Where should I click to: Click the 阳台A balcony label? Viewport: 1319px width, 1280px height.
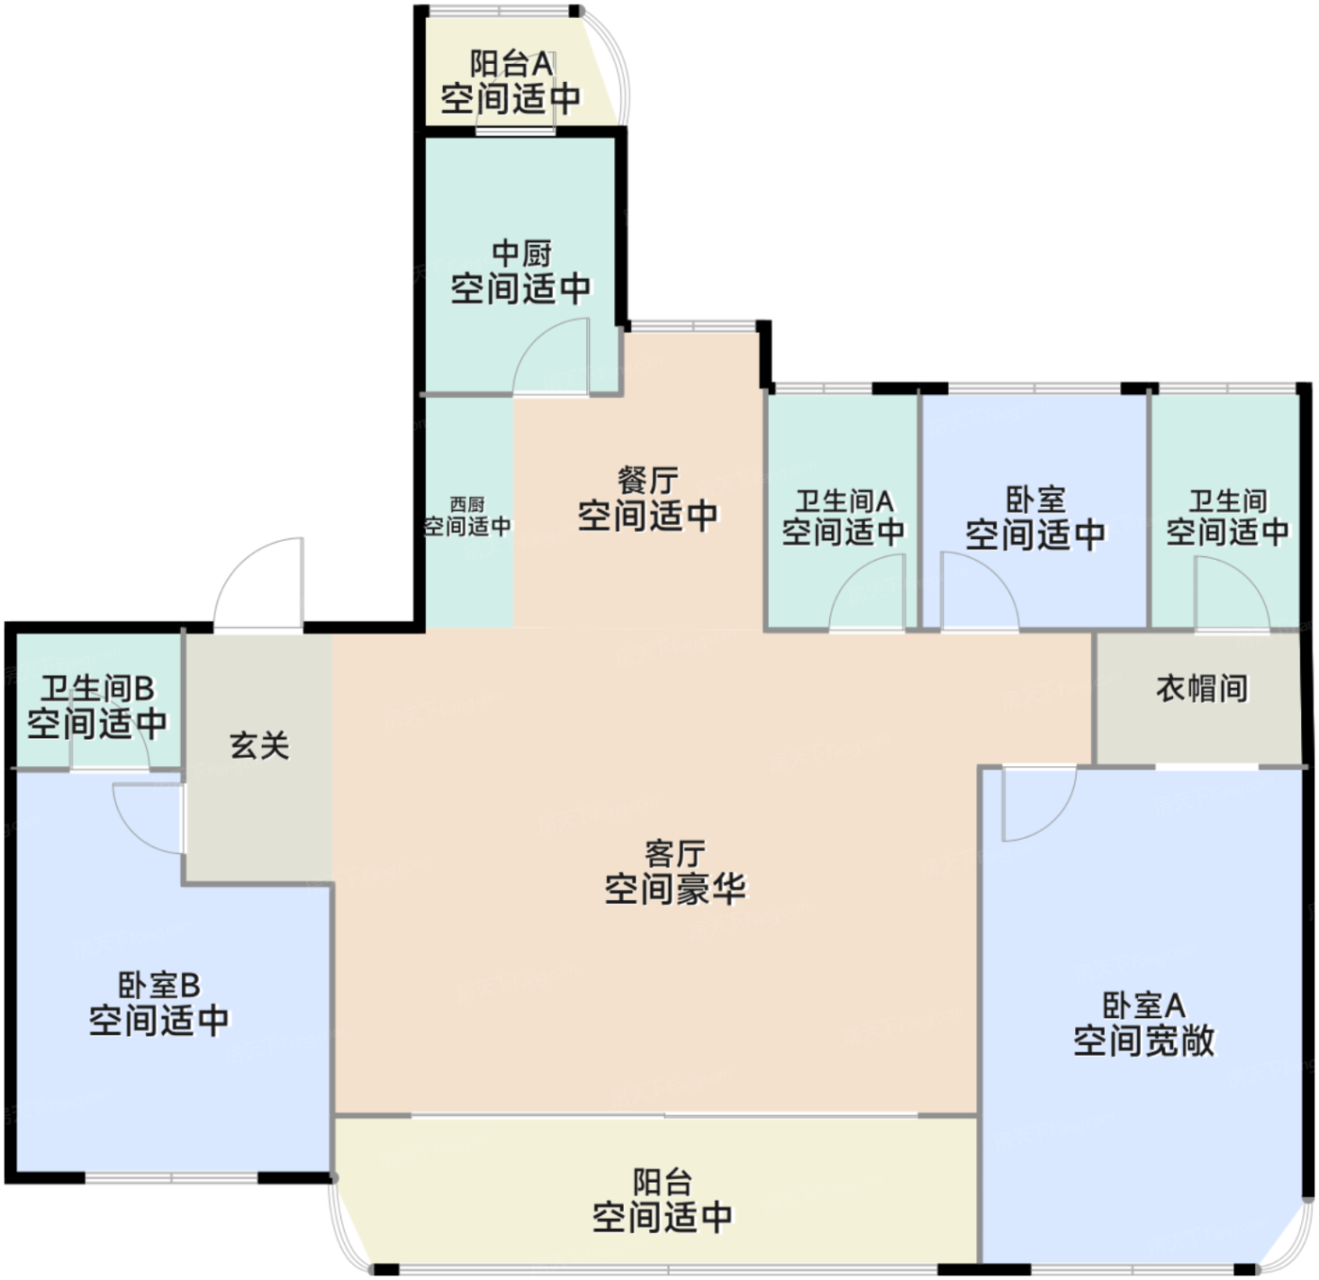point(512,64)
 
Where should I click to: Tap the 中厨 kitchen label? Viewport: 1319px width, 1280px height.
point(521,254)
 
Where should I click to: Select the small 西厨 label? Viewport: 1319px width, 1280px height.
point(467,504)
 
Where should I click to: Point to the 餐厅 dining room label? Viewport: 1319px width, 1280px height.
point(648,481)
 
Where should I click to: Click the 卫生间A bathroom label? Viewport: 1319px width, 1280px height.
point(844,501)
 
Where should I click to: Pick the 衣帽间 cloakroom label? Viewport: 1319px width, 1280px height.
point(1202,688)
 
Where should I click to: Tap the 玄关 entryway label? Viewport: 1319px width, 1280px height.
point(260,746)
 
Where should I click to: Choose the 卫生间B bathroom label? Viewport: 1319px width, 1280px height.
point(98,688)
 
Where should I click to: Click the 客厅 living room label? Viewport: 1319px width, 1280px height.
point(676,854)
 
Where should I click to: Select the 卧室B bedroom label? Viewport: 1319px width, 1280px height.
point(159,985)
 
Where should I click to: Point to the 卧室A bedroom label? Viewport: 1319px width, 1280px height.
point(1144,1006)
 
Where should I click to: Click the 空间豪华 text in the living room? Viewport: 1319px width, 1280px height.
point(676,889)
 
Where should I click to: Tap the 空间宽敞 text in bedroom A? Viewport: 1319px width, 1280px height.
point(1144,1041)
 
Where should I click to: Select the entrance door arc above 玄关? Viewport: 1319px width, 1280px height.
point(237,563)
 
